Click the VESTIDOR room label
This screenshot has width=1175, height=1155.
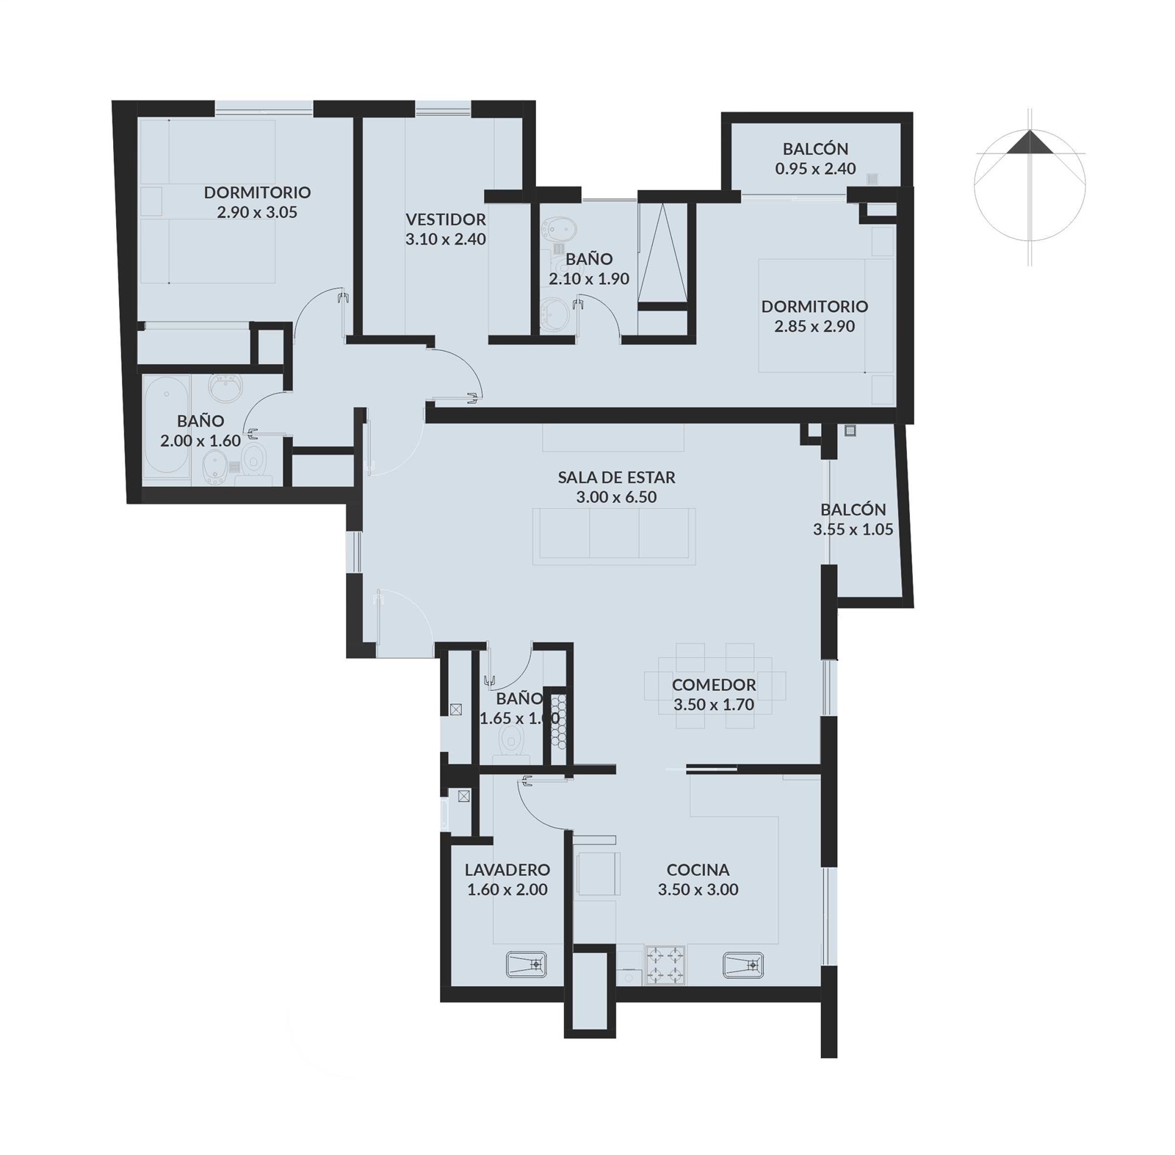446,219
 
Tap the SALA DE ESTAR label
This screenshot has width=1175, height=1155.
616,477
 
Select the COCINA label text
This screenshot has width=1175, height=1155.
698,869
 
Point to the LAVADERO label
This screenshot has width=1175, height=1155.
507,869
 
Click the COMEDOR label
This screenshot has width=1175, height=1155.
714,684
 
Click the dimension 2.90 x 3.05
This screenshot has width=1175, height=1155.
257,212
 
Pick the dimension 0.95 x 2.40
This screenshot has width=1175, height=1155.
815,168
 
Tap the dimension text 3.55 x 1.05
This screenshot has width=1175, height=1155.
853,529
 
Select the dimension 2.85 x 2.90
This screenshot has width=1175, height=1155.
814,326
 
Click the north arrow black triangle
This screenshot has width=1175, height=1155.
1030,144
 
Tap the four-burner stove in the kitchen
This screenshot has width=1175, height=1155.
665,965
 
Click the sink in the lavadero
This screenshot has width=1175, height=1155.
526,964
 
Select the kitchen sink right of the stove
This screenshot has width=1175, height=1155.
743,964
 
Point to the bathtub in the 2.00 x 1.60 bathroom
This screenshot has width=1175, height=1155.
167,430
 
